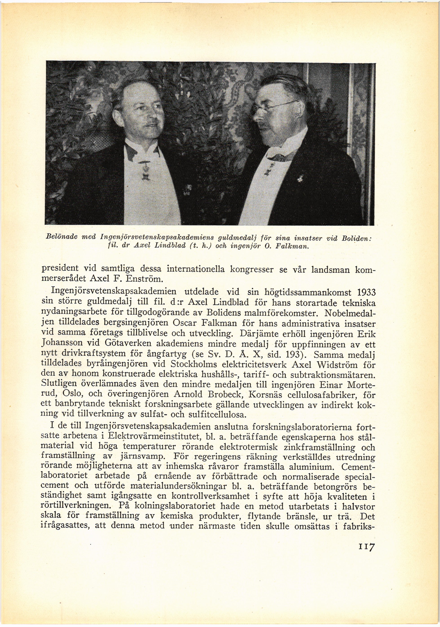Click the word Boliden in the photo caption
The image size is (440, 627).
[356, 238]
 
